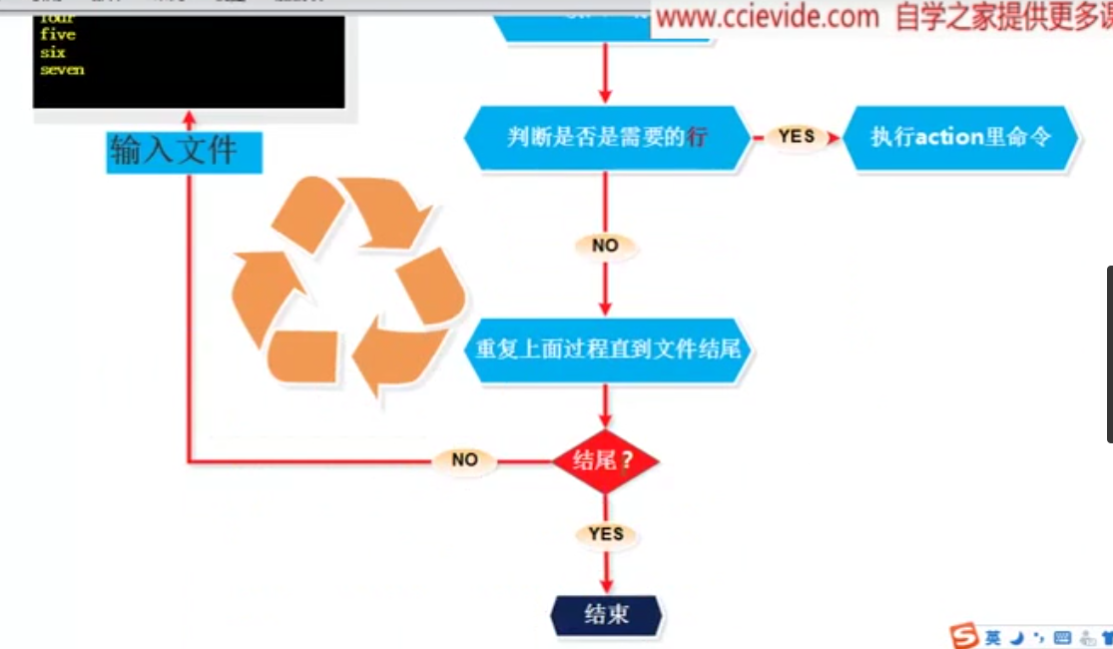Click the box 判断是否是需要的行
606,137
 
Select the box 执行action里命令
960,137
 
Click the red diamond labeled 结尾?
606,460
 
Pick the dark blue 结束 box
606,614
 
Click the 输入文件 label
184,151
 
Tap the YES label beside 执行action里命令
797,137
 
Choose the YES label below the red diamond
606,534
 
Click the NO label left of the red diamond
465,460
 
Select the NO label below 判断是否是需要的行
606,246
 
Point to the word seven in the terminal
62,70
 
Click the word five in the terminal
57,35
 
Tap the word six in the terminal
52,52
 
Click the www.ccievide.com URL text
768,17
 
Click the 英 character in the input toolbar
992,637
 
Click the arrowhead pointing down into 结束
606,586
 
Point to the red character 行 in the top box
696,137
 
